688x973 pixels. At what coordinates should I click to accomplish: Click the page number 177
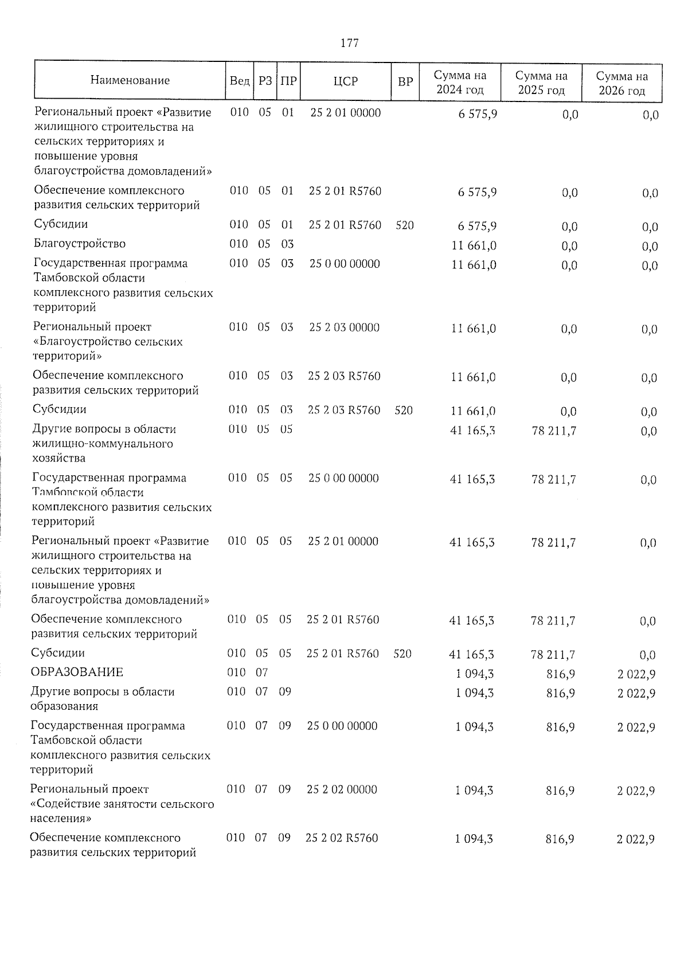(349, 43)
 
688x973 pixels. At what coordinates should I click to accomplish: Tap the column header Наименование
(130, 80)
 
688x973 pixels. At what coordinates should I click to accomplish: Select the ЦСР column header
(345, 81)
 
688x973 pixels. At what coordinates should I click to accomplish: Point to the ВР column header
(405, 81)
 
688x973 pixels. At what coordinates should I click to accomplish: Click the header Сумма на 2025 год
(541, 83)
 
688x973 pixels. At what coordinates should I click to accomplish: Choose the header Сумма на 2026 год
(621, 84)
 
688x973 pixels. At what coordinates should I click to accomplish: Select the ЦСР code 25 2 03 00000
(344, 327)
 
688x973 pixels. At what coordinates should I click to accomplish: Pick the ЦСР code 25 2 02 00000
(342, 790)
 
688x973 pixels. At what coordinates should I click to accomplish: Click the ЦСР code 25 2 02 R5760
(342, 838)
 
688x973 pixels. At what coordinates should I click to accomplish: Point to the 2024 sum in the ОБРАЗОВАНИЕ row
(475, 674)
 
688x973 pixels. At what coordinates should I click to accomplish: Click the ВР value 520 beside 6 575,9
(405, 225)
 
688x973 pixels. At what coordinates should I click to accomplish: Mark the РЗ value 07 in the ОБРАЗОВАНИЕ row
(261, 673)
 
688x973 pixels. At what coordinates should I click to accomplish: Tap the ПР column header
(288, 81)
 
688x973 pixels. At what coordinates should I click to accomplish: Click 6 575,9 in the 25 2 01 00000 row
(477, 114)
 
